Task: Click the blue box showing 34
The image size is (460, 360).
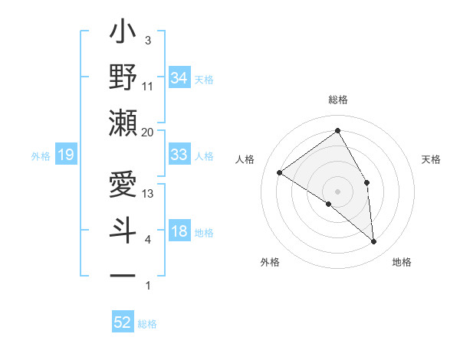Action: [179, 77]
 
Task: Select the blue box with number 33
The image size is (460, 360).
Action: [179, 155]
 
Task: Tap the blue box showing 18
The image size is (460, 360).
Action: [179, 231]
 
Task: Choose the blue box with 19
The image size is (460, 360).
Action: [65, 155]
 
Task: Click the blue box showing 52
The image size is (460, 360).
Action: [123, 322]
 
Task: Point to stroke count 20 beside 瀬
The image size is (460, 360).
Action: [148, 133]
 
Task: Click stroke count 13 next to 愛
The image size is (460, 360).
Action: [148, 194]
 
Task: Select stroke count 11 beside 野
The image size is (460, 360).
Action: [148, 86]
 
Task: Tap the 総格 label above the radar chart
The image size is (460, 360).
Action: [337, 100]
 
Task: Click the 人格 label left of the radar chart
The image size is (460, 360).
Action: [245, 159]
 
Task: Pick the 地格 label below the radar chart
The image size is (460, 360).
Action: [402, 262]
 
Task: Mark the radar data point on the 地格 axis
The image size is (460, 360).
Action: [374, 242]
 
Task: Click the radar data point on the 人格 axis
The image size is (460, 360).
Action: [280, 172]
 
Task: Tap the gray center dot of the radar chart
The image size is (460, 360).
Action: [337, 191]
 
